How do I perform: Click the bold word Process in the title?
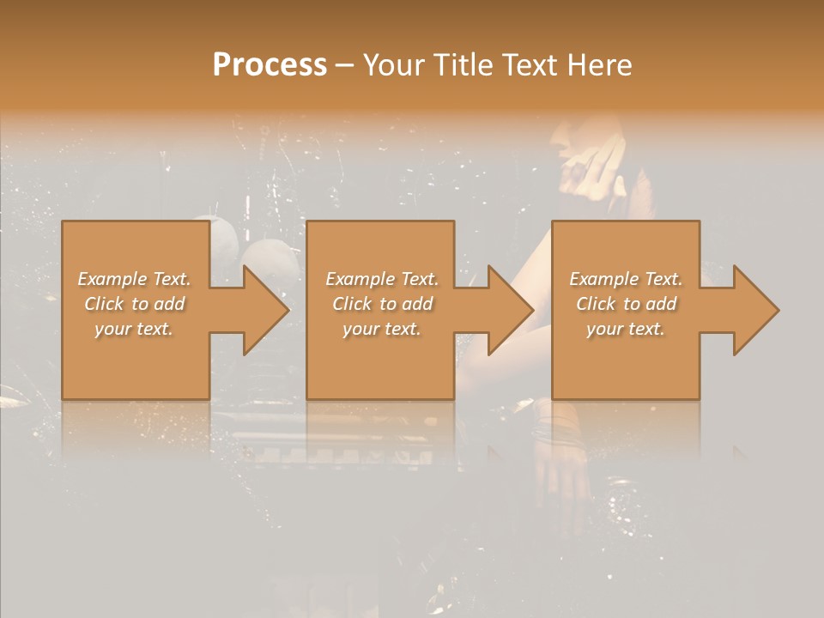pos(270,65)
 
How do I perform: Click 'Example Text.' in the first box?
pos(134,279)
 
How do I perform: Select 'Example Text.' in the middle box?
pos(382,279)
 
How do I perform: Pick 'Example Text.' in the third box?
pos(626,279)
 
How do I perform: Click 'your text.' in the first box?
pos(133,329)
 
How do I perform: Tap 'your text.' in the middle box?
pos(381,329)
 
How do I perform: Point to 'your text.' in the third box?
pos(625,329)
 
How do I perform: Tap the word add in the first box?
pos(170,304)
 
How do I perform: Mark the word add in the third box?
pos(662,304)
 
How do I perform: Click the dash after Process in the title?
pos(345,65)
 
